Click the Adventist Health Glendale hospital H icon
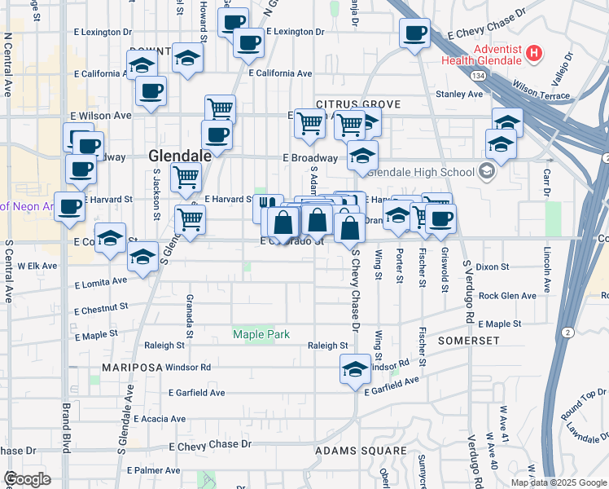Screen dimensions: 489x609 tap(533, 55)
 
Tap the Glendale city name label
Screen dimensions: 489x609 tap(180, 155)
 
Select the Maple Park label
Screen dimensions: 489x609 tap(261, 333)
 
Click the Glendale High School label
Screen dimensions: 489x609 tap(421, 172)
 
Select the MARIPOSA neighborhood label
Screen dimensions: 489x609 tap(132, 368)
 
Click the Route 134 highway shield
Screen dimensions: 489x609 tap(474, 75)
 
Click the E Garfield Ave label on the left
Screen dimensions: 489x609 tap(196, 393)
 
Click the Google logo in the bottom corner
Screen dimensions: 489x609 tap(28, 479)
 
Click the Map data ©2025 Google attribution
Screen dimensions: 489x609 tap(559, 482)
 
